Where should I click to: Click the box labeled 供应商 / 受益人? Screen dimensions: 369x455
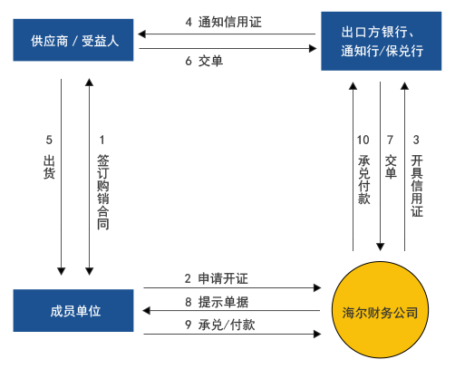tap(74, 41)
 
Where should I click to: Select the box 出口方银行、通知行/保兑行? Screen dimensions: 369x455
tap(382, 41)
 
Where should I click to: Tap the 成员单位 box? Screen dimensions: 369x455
tap(74, 311)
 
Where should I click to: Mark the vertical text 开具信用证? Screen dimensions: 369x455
tap(417, 185)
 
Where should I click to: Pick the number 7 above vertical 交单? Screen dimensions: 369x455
tap(390, 141)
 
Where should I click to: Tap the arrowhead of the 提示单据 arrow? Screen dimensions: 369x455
tap(141, 311)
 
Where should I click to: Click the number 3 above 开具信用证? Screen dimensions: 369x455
tap(416, 141)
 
